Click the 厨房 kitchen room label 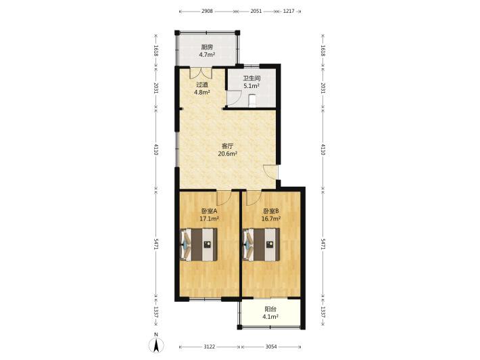(x=207, y=47)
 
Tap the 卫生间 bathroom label (x=251, y=78)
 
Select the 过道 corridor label (x=202, y=85)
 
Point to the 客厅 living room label (x=227, y=146)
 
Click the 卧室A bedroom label (x=209, y=211)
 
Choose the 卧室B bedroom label (x=271, y=211)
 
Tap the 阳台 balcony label (x=270, y=309)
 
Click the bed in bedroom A (x=199, y=244)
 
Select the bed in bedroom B (x=261, y=244)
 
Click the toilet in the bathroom (x=252, y=101)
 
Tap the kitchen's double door (x=201, y=72)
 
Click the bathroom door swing (x=233, y=97)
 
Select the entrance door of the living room (x=270, y=172)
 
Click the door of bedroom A (x=224, y=198)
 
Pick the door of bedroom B (x=254, y=198)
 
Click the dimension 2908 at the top (x=207, y=12)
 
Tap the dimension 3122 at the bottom (x=210, y=347)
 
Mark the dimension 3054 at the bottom (x=271, y=347)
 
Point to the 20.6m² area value (x=227, y=154)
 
